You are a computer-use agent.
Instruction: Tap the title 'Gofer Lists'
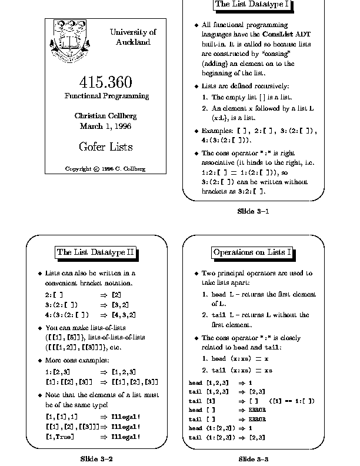click(x=106, y=147)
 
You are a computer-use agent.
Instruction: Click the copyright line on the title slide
click(x=106, y=169)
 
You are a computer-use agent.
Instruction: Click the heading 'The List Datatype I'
click(x=253, y=5)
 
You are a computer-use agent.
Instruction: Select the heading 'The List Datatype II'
click(x=96, y=252)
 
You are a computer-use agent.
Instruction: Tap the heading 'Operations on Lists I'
click(x=253, y=252)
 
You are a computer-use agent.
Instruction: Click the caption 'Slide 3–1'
click(x=253, y=211)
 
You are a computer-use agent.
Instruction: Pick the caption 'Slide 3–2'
click(x=96, y=458)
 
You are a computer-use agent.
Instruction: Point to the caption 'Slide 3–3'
click(x=253, y=458)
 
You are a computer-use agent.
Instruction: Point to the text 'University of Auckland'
click(x=133, y=37)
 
